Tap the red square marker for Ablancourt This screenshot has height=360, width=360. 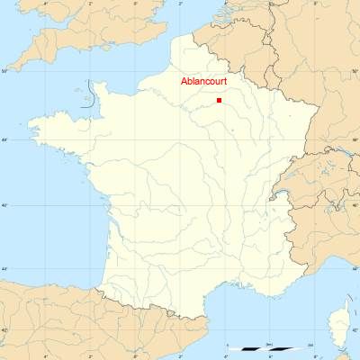(220, 100)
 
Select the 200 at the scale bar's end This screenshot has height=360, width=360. (310, 344)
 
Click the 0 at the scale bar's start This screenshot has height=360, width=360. (229, 344)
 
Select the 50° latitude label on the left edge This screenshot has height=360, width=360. (4, 70)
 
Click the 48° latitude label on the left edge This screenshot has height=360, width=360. (4, 139)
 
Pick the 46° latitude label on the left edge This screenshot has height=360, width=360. (4, 206)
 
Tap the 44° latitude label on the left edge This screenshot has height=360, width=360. (4, 269)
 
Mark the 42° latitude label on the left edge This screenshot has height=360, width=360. (4, 330)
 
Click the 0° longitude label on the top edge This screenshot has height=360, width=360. (135, 4)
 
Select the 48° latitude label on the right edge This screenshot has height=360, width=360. (355, 139)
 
